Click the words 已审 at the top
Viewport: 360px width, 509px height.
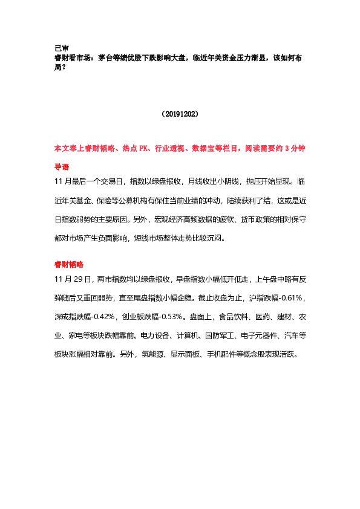(x=61, y=48)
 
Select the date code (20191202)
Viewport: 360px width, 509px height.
(x=180, y=113)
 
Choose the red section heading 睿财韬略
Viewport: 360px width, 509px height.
(x=69, y=265)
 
